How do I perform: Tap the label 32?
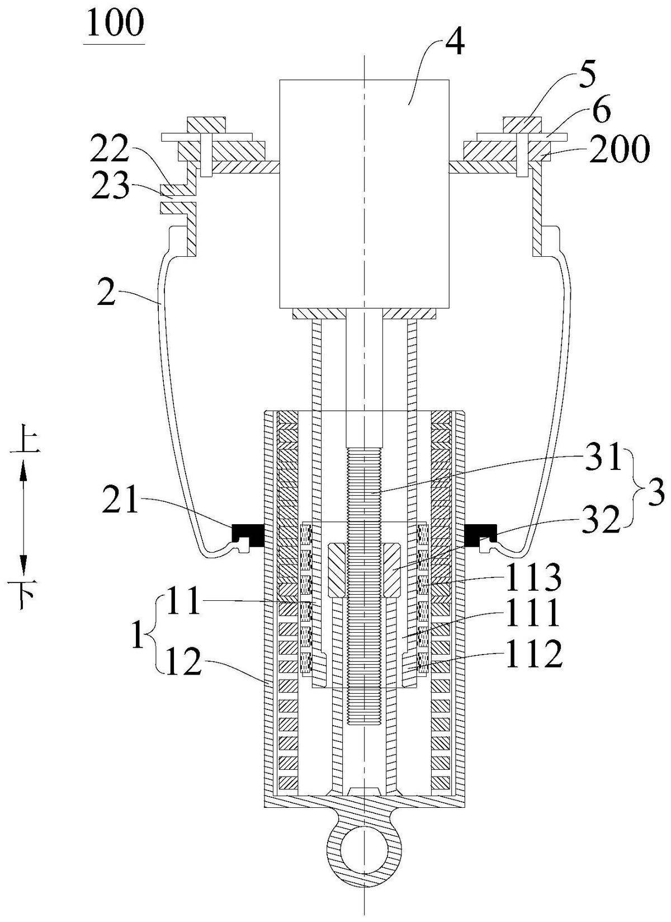coord(604,520)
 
